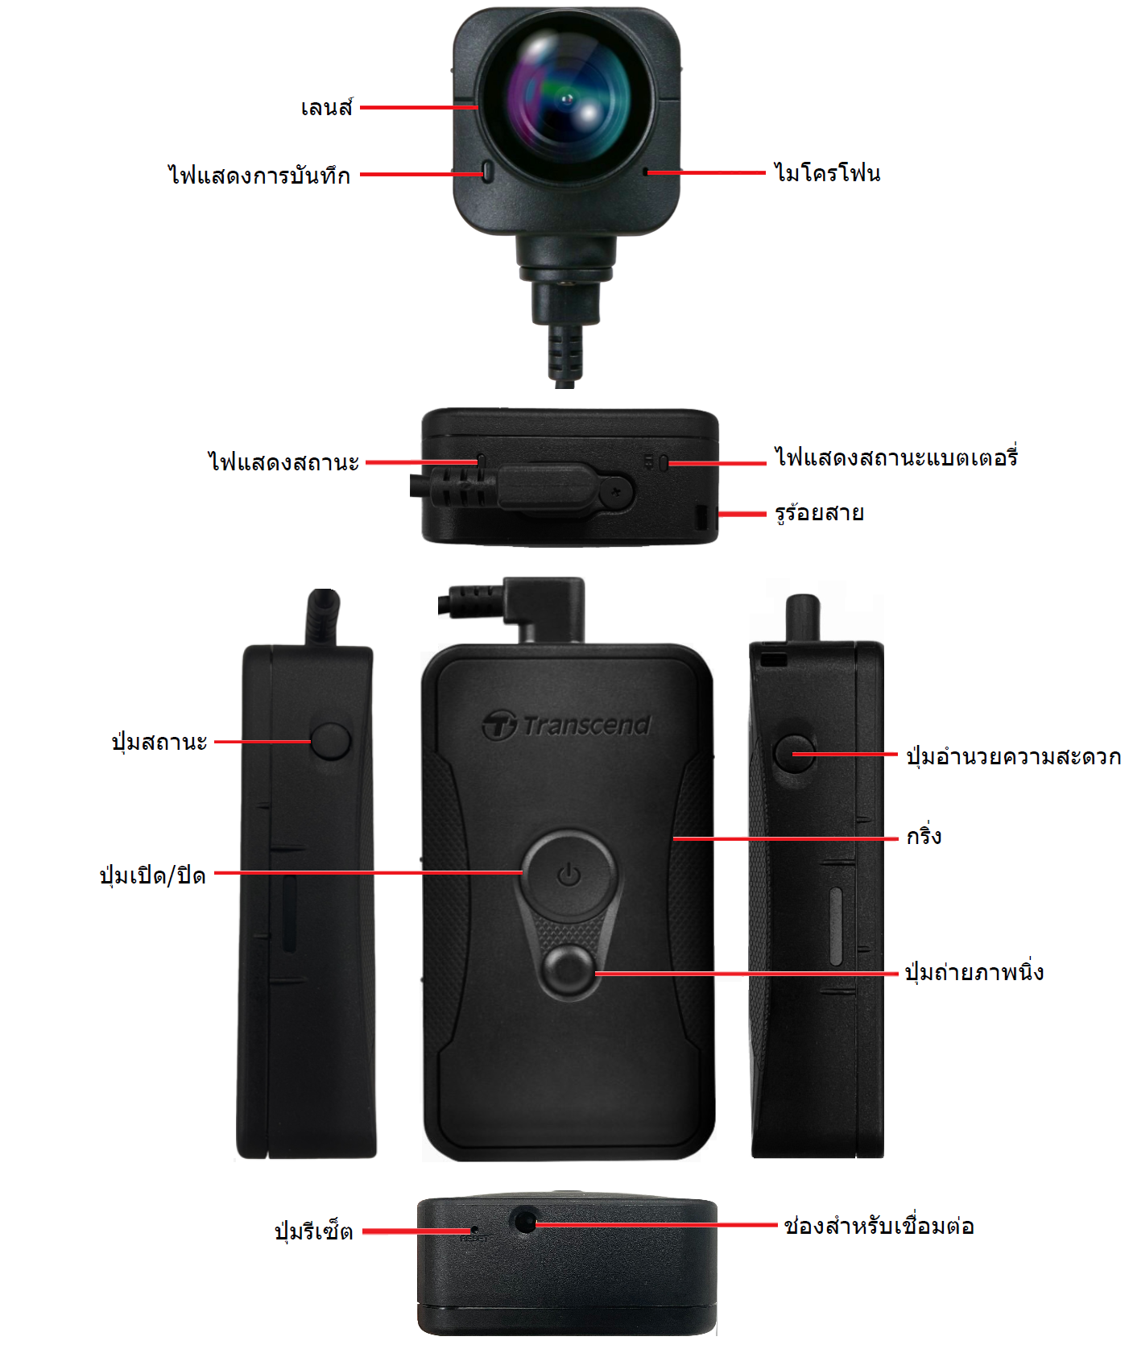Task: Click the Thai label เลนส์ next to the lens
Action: pyautogui.click(x=327, y=106)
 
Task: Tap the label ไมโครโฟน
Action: pyautogui.click(x=827, y=172)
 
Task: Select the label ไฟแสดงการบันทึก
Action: pyautogui.click(x=259, y=174)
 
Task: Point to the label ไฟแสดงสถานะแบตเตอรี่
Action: pyautogui.click(x=896, y=457)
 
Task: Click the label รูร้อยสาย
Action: pyautogui.click(x=819, y=512)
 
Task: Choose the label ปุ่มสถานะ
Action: pyautogui.click(x=159, y=741)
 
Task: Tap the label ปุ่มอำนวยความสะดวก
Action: pyautogui.click(x=1013, y=755)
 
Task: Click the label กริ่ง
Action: pyautogui.click(x=924, y=835)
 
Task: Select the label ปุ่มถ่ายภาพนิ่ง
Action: pyautogui.click(x=974, y=971)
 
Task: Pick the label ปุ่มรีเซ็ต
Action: pyautogui.click(x=313, y=1231)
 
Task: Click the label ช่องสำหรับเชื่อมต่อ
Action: pyautogui.click(x=879, y=1225)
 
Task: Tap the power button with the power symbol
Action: pyautogui.click(x=569, y=875)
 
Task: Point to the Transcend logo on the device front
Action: pyautogui.click(x=567, y=725)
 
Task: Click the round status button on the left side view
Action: pyautogui.click(x=330, y=741)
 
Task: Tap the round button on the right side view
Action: pyautogui.click(x=794, y=753)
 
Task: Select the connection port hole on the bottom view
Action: pyautogui.click(x=524, y=1222)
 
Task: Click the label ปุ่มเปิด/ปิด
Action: pyautogui.click(x=152, y=875)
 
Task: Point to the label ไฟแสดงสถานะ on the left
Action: pyautogui.click(x=283, y=462)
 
